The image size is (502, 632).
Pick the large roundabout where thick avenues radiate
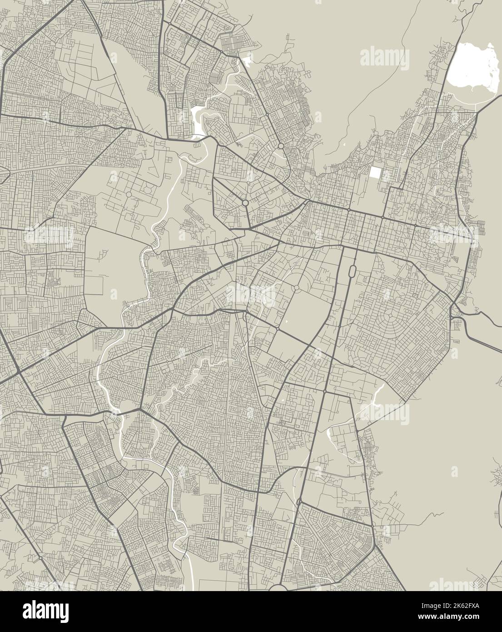coord(245,202)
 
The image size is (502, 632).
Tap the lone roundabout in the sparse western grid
coord(129,194)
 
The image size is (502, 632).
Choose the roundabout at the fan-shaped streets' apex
coord(296,288)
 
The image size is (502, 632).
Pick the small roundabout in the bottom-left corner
coord(40,557)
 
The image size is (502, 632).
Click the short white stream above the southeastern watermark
coord(378,393)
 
